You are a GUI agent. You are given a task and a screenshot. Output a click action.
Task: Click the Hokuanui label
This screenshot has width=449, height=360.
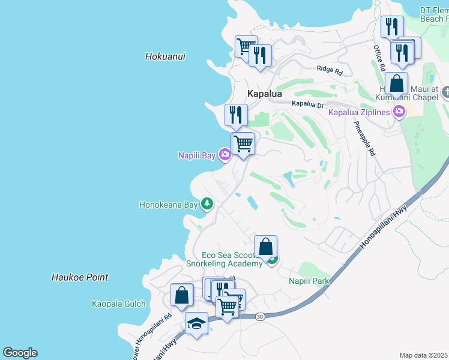point(165,56)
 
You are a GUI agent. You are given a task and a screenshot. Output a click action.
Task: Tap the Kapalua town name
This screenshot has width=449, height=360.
point(265,94)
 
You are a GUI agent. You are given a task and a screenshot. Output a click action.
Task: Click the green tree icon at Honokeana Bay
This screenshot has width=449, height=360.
point(207,204)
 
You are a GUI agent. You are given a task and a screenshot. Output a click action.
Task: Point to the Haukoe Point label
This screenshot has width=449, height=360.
point(80,277)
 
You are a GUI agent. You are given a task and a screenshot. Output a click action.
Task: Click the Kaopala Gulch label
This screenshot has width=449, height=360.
point(118,304)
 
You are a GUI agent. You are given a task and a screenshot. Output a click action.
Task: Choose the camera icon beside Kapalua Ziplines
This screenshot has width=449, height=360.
point(399,111)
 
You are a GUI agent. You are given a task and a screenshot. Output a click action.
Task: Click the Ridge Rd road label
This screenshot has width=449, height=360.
point(330,71)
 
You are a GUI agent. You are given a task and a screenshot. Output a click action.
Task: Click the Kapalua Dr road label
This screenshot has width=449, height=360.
point(307,104)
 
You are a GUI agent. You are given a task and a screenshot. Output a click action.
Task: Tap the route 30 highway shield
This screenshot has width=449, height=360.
point(259,316)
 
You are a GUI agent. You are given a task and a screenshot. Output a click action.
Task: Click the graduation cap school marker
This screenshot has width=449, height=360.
point(196,324)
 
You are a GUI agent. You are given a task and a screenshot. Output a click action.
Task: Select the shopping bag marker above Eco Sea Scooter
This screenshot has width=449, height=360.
point(265,247)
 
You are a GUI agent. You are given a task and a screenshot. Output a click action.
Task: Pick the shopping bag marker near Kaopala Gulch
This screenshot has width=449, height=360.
point(181,295)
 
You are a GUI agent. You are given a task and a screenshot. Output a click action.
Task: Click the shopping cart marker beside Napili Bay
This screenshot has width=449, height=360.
point(243,144)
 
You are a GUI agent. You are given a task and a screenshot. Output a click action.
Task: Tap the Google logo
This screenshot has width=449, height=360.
point(20,353)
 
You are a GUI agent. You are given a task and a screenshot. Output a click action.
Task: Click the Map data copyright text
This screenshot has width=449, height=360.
point(423,355)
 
